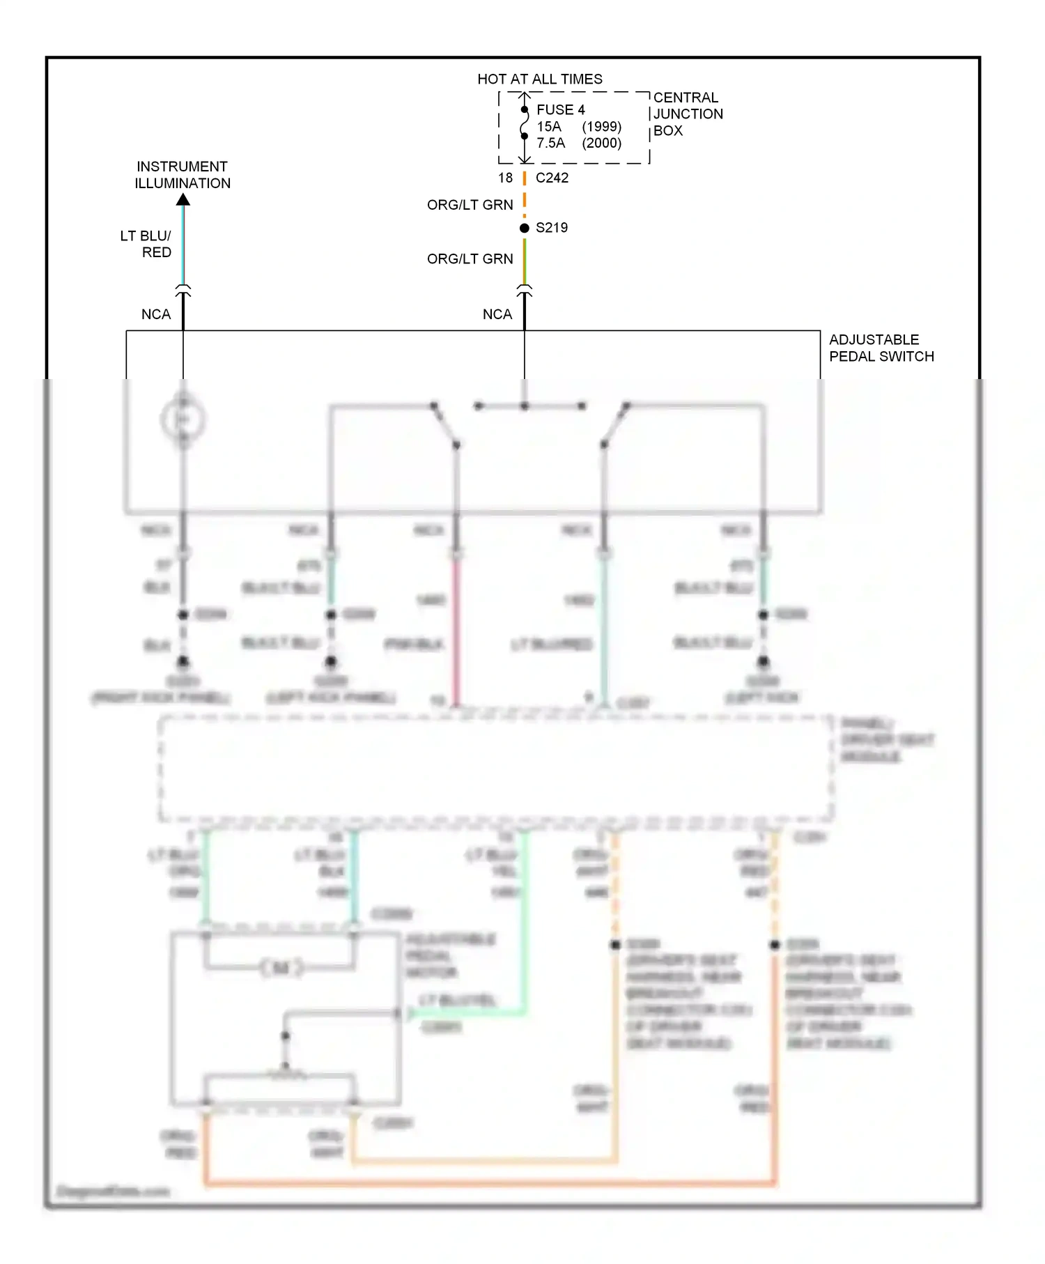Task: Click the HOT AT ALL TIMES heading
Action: (x=539, y=79)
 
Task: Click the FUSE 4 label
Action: (x=560, y=109)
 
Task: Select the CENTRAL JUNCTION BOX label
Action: (x=687, y=114)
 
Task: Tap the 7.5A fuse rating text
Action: (x=550, y=143)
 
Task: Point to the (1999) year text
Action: (x=601, y=126)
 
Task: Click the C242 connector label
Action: (x=552, y=178)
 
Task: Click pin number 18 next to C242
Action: (x=505, y=178)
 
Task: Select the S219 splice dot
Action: (x=525, y=228)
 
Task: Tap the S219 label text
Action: (x=551, y=228)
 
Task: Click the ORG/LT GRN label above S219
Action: (x=470, y=205)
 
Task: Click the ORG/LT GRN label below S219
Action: (x=470, y=259)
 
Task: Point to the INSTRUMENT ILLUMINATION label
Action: (x=182, y=175)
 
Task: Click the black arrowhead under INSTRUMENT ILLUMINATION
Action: (x=183, y=200)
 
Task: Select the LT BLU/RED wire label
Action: (x=146, y=244)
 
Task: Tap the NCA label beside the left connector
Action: (x=155, y=314)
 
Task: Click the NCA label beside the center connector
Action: (x=497, y=314)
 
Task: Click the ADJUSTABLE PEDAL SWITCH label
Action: (x=881, y=348)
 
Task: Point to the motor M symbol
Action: (x=281, y=967)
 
